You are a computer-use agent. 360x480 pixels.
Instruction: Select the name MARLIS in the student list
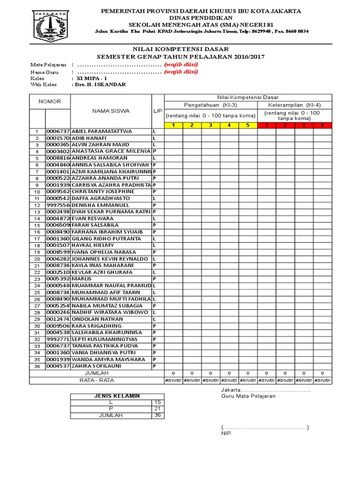coord(82,279)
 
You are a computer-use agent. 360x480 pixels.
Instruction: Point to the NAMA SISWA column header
coord(111,112)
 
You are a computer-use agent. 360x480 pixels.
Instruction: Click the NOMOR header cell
coord(50,102)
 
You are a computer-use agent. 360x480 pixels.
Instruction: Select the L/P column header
coord(157,112)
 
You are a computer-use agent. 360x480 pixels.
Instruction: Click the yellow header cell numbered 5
coord(247,125)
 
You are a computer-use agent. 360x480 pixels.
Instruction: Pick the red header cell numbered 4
coord(322,125)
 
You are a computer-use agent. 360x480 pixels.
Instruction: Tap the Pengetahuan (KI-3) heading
coord(210,105)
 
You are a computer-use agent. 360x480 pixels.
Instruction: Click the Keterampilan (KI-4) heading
coord(294,105)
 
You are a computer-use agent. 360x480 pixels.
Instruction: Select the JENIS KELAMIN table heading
coord(117,396)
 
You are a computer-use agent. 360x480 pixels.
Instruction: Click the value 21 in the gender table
coord(157,409)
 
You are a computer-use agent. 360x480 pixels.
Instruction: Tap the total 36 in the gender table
coord(157,415)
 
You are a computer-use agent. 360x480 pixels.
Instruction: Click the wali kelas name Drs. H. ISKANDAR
coord(98,85)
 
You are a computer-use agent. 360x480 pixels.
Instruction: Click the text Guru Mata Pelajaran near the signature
coord(248,396)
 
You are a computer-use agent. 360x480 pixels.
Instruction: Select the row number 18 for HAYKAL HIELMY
coord(37,246)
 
